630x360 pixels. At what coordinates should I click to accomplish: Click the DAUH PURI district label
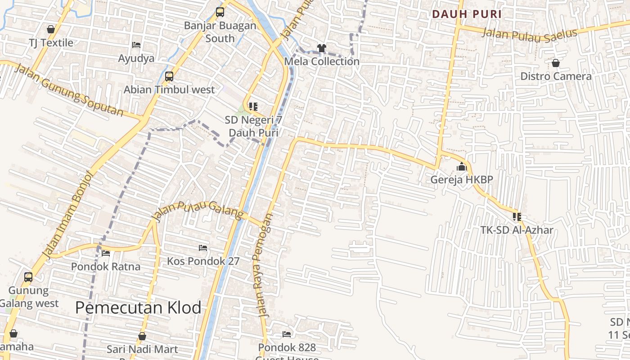467,14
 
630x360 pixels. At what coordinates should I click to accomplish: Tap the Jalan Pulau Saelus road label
529,34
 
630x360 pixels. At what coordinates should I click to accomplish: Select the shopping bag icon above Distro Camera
556,63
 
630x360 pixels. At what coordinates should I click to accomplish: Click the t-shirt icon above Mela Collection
321,48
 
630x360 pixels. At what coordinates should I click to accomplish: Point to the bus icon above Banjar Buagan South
220,12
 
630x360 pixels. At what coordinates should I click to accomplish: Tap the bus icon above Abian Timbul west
169,76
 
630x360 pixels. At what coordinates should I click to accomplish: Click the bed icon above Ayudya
136,45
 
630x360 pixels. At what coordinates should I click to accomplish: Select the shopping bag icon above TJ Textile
51,29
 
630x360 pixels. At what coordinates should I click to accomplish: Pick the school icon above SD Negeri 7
253,107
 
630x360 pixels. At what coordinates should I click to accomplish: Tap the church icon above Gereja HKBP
462,167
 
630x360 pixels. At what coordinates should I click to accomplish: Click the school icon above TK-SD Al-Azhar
517,217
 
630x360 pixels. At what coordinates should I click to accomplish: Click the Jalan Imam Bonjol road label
67,215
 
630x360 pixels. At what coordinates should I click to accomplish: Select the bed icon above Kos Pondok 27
203,248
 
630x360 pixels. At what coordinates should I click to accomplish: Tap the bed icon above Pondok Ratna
106,253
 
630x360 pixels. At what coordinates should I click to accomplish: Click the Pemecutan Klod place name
138,308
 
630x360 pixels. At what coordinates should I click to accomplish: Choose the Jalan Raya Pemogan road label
263,265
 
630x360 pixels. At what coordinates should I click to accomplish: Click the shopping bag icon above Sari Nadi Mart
142,336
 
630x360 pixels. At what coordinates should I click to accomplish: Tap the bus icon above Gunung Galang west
28,277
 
